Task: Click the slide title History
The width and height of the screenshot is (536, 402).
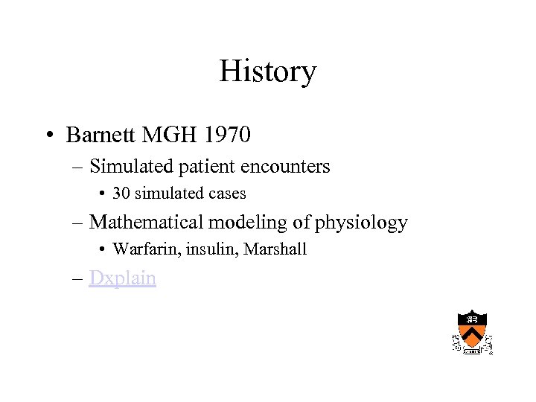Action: point(267,71)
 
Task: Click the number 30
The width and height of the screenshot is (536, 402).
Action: point(121,194)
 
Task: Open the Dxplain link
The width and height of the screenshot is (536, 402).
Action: point(122,278)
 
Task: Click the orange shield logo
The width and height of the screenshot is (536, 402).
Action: point(472,330)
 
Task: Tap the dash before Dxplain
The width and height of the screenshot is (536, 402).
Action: point(78,278)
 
